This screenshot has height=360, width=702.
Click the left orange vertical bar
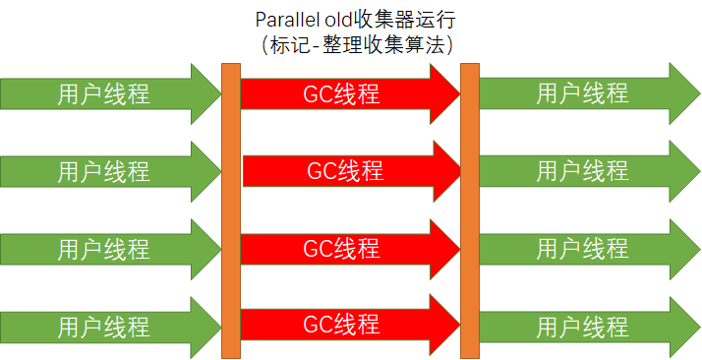(231, 210)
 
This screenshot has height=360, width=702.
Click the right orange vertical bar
(470, 210)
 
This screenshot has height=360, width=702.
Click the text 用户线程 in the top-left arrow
(103, 94)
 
